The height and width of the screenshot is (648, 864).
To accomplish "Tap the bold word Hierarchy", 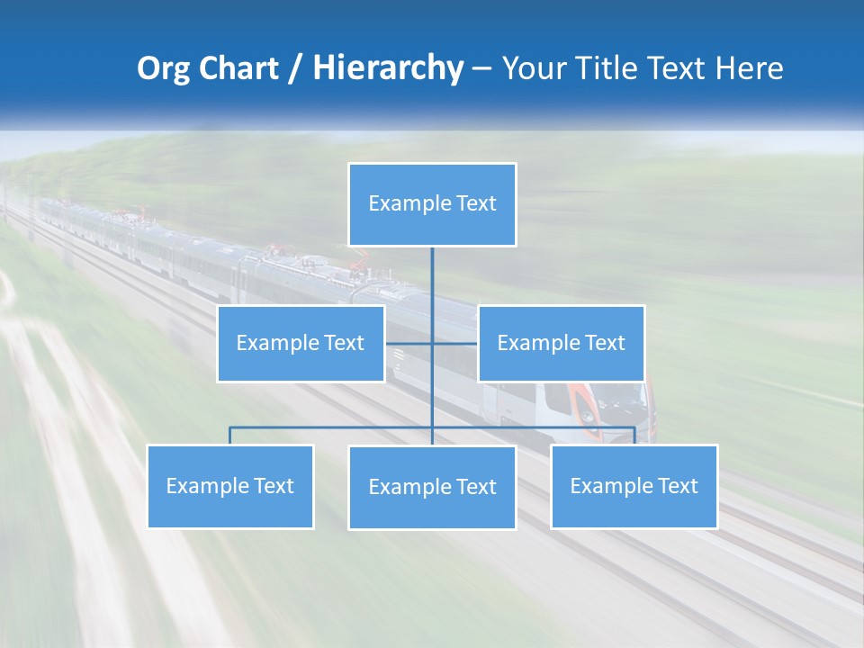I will (388, 68).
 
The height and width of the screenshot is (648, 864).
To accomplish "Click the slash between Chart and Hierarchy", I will (296, 68).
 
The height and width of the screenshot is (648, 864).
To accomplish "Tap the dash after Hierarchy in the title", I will (481, 69).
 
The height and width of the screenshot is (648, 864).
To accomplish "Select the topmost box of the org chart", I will (432, 204).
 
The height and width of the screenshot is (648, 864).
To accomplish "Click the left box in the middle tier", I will (301, 343).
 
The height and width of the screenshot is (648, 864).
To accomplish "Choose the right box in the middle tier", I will (561, 343).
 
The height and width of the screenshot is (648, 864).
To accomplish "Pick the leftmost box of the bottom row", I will (229, 486).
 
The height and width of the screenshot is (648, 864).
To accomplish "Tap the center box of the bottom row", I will (432, 487).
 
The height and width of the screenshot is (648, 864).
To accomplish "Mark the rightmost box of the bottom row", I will (634, 486).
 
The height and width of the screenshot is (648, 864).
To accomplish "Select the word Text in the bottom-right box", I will (676, 486).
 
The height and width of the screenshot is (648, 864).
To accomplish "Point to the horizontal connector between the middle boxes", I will (410, 343).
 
